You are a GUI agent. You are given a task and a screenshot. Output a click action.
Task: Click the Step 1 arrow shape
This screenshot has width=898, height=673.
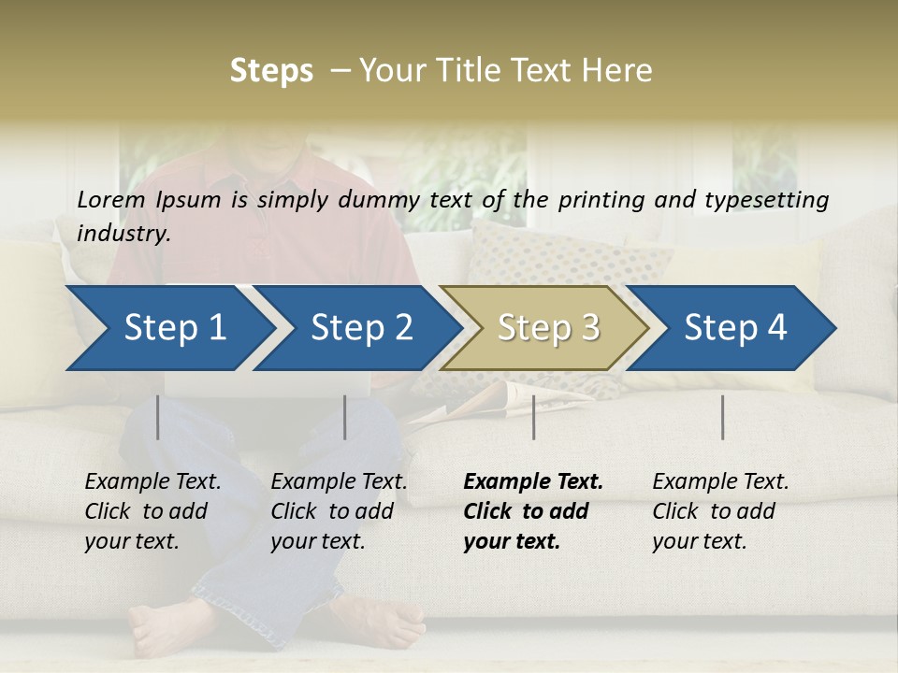pyautogui.click(x=168, y=328)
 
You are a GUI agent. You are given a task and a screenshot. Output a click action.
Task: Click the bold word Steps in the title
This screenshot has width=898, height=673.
pyautogui.click(x=271, y=71)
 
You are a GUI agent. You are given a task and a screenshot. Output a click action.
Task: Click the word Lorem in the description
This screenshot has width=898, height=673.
pyautogui.click(x=110, y=199)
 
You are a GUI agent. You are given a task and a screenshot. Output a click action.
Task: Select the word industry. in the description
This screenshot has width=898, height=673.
pyautogui.click(x=123, y=234)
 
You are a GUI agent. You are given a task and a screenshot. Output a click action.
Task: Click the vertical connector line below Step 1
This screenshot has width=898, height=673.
pyautogui.click(x=158, y=417)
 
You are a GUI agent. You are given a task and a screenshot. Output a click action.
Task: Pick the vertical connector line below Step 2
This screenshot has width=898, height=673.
pyautogui.click(x=345, y=417)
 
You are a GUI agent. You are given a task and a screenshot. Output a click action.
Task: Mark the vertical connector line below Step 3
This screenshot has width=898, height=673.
pyautogui.click(x=533, y=417)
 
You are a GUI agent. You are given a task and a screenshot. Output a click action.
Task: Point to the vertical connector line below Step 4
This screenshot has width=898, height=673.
pyautogui.click(x=722, y=417)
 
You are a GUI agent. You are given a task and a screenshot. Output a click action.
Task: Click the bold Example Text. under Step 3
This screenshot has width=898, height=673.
pyautogui.click(x=533, y=482)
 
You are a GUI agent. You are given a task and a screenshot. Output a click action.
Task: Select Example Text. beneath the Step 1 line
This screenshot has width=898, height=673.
pyautogui.click(x=152, y=482)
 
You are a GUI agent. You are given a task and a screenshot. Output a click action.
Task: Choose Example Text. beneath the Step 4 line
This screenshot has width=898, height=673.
pyautogui.click(x=720, y=482)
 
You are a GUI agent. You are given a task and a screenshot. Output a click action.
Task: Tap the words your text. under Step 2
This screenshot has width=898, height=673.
pyautogui.click(x=318, y=541)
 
